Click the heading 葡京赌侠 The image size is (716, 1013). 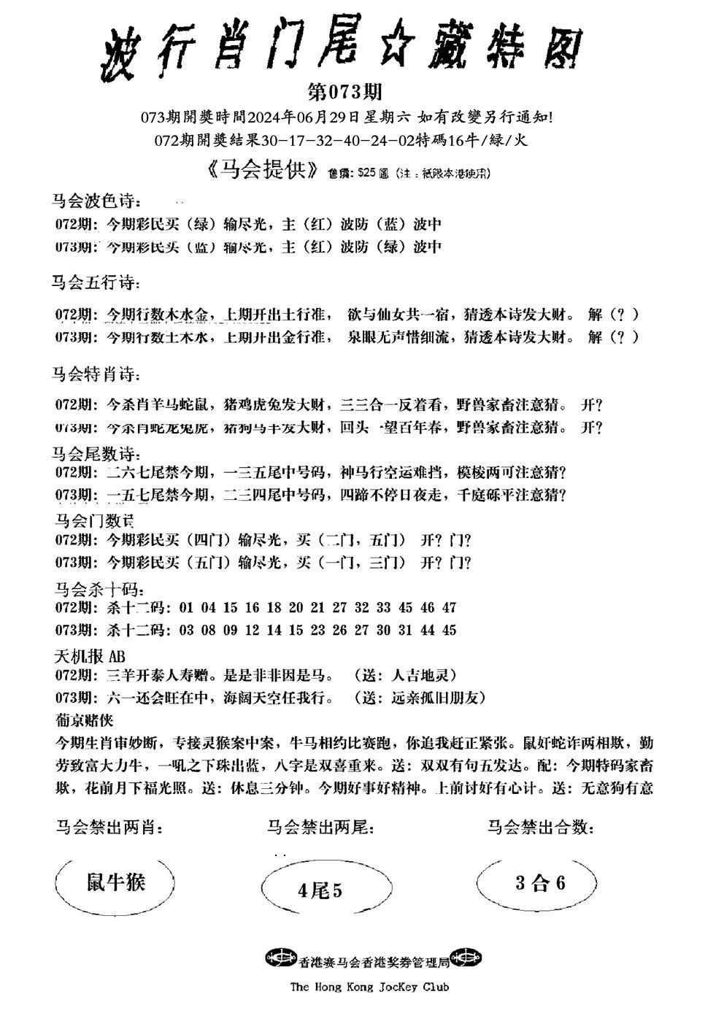(x=84, y=720)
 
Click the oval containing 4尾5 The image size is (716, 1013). (x=320, y=890)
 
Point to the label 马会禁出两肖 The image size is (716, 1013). (x=109, y=828)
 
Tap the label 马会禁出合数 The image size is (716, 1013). (x=540, y=827)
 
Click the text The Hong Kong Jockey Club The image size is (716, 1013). (x=369, y=987)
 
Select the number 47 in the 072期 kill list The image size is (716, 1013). (x=449, y=607)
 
